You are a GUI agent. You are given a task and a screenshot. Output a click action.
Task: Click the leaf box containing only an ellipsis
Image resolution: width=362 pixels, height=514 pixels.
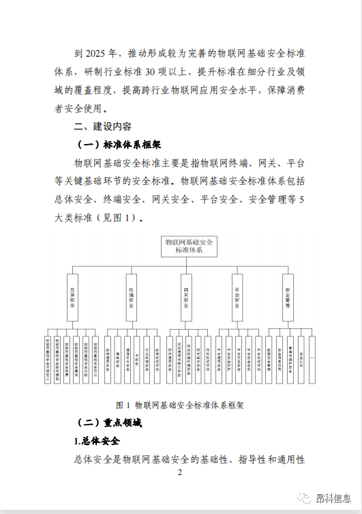pyautogui.click(x=312, y=358)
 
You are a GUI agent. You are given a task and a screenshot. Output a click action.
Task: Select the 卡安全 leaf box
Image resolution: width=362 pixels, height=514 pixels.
pyautogui.click(x=137, y=358)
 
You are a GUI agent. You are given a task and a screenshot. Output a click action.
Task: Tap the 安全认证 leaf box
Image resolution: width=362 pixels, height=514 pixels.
pyautogui.click(x=301, y=358)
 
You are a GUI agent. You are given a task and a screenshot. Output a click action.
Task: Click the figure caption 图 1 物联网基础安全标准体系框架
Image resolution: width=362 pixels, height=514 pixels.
pyautogui.click(x=181, y=404)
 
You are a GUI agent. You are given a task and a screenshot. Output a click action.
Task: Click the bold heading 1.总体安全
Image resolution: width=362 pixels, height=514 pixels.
pyautogui.click(x=97, y=441)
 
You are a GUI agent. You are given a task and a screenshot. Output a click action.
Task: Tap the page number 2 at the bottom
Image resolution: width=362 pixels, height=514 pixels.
pyautogui.click(x=179, y=473)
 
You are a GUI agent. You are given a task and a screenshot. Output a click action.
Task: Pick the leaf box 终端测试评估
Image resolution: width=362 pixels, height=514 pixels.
pyautogui.click(x=157, y=358)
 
